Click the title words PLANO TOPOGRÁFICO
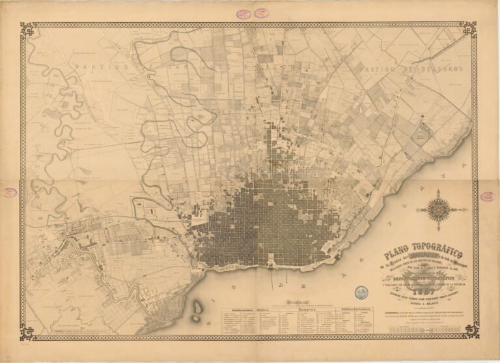(421, 252)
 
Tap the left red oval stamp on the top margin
(242, 13)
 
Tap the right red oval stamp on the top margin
(262, 13)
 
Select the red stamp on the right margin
(487, 196)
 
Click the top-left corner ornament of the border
(27, 30)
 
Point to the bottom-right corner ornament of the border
(470, 330)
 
